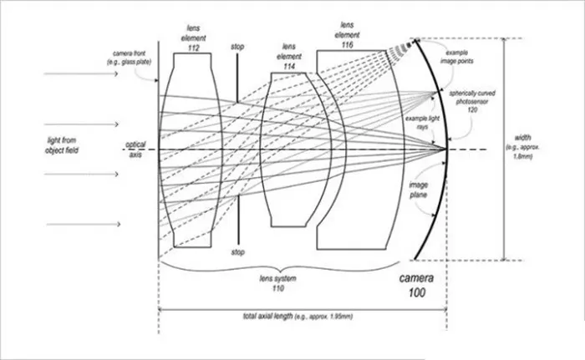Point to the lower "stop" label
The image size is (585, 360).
[x=238, y=251]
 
